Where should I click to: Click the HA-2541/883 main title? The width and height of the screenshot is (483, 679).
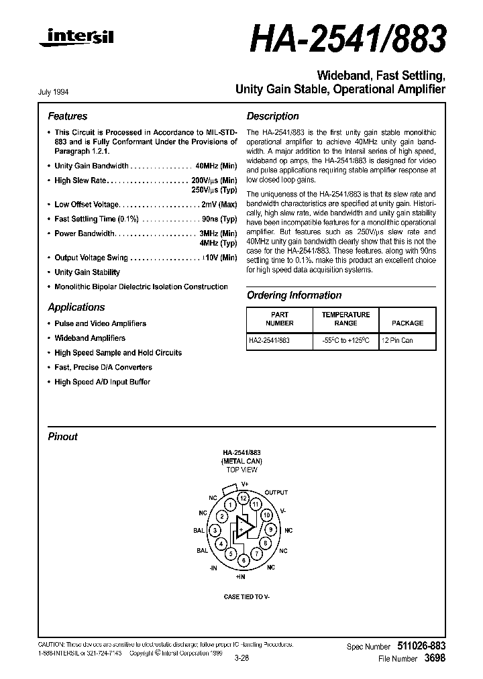tap(347, 40)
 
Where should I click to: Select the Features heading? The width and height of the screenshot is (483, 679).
tap(67, 116)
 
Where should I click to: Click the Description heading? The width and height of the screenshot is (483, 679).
tap(272, 116)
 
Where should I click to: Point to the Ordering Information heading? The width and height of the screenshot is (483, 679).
tap(294, 295)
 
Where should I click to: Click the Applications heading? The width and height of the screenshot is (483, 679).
tap(76, 307)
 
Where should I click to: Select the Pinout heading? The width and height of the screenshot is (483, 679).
tap(62, 436)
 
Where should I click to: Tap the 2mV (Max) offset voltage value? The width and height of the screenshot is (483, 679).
tap(219, 205)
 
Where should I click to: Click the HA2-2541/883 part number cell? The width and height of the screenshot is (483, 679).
tap(270, 341)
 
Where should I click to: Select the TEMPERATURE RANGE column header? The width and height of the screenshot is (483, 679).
tap(345, 319)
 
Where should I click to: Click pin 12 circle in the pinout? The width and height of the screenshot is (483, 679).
tap(244, 498)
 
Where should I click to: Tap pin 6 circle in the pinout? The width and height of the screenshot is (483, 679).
tap(244, 560)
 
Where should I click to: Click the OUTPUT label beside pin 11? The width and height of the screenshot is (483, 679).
tap(276, 493)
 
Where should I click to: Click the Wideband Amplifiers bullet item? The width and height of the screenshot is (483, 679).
tap(90, 338)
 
